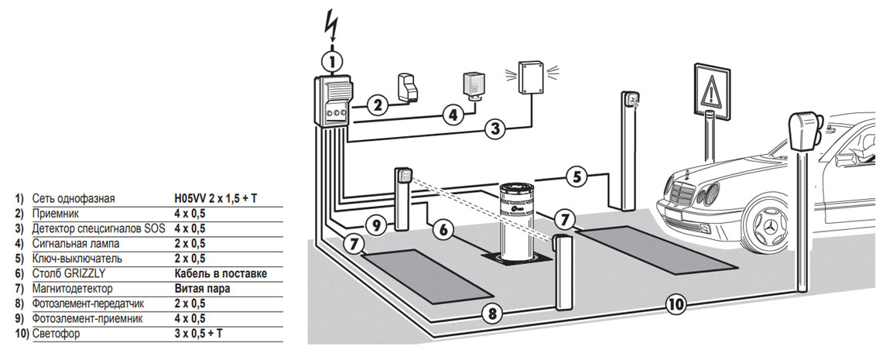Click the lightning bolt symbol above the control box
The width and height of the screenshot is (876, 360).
click(x=333, y=24)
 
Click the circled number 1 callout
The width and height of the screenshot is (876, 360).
click(x=333, y=60)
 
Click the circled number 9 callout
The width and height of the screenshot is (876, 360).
click(x=377, y=225)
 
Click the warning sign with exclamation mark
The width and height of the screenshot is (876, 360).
click(x=711, y=90)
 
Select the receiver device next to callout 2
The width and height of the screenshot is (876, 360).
click(x=408, y=88)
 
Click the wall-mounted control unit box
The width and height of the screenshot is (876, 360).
click(x=332, y=101)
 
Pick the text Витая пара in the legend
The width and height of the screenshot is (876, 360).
click(x=202, y=289)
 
